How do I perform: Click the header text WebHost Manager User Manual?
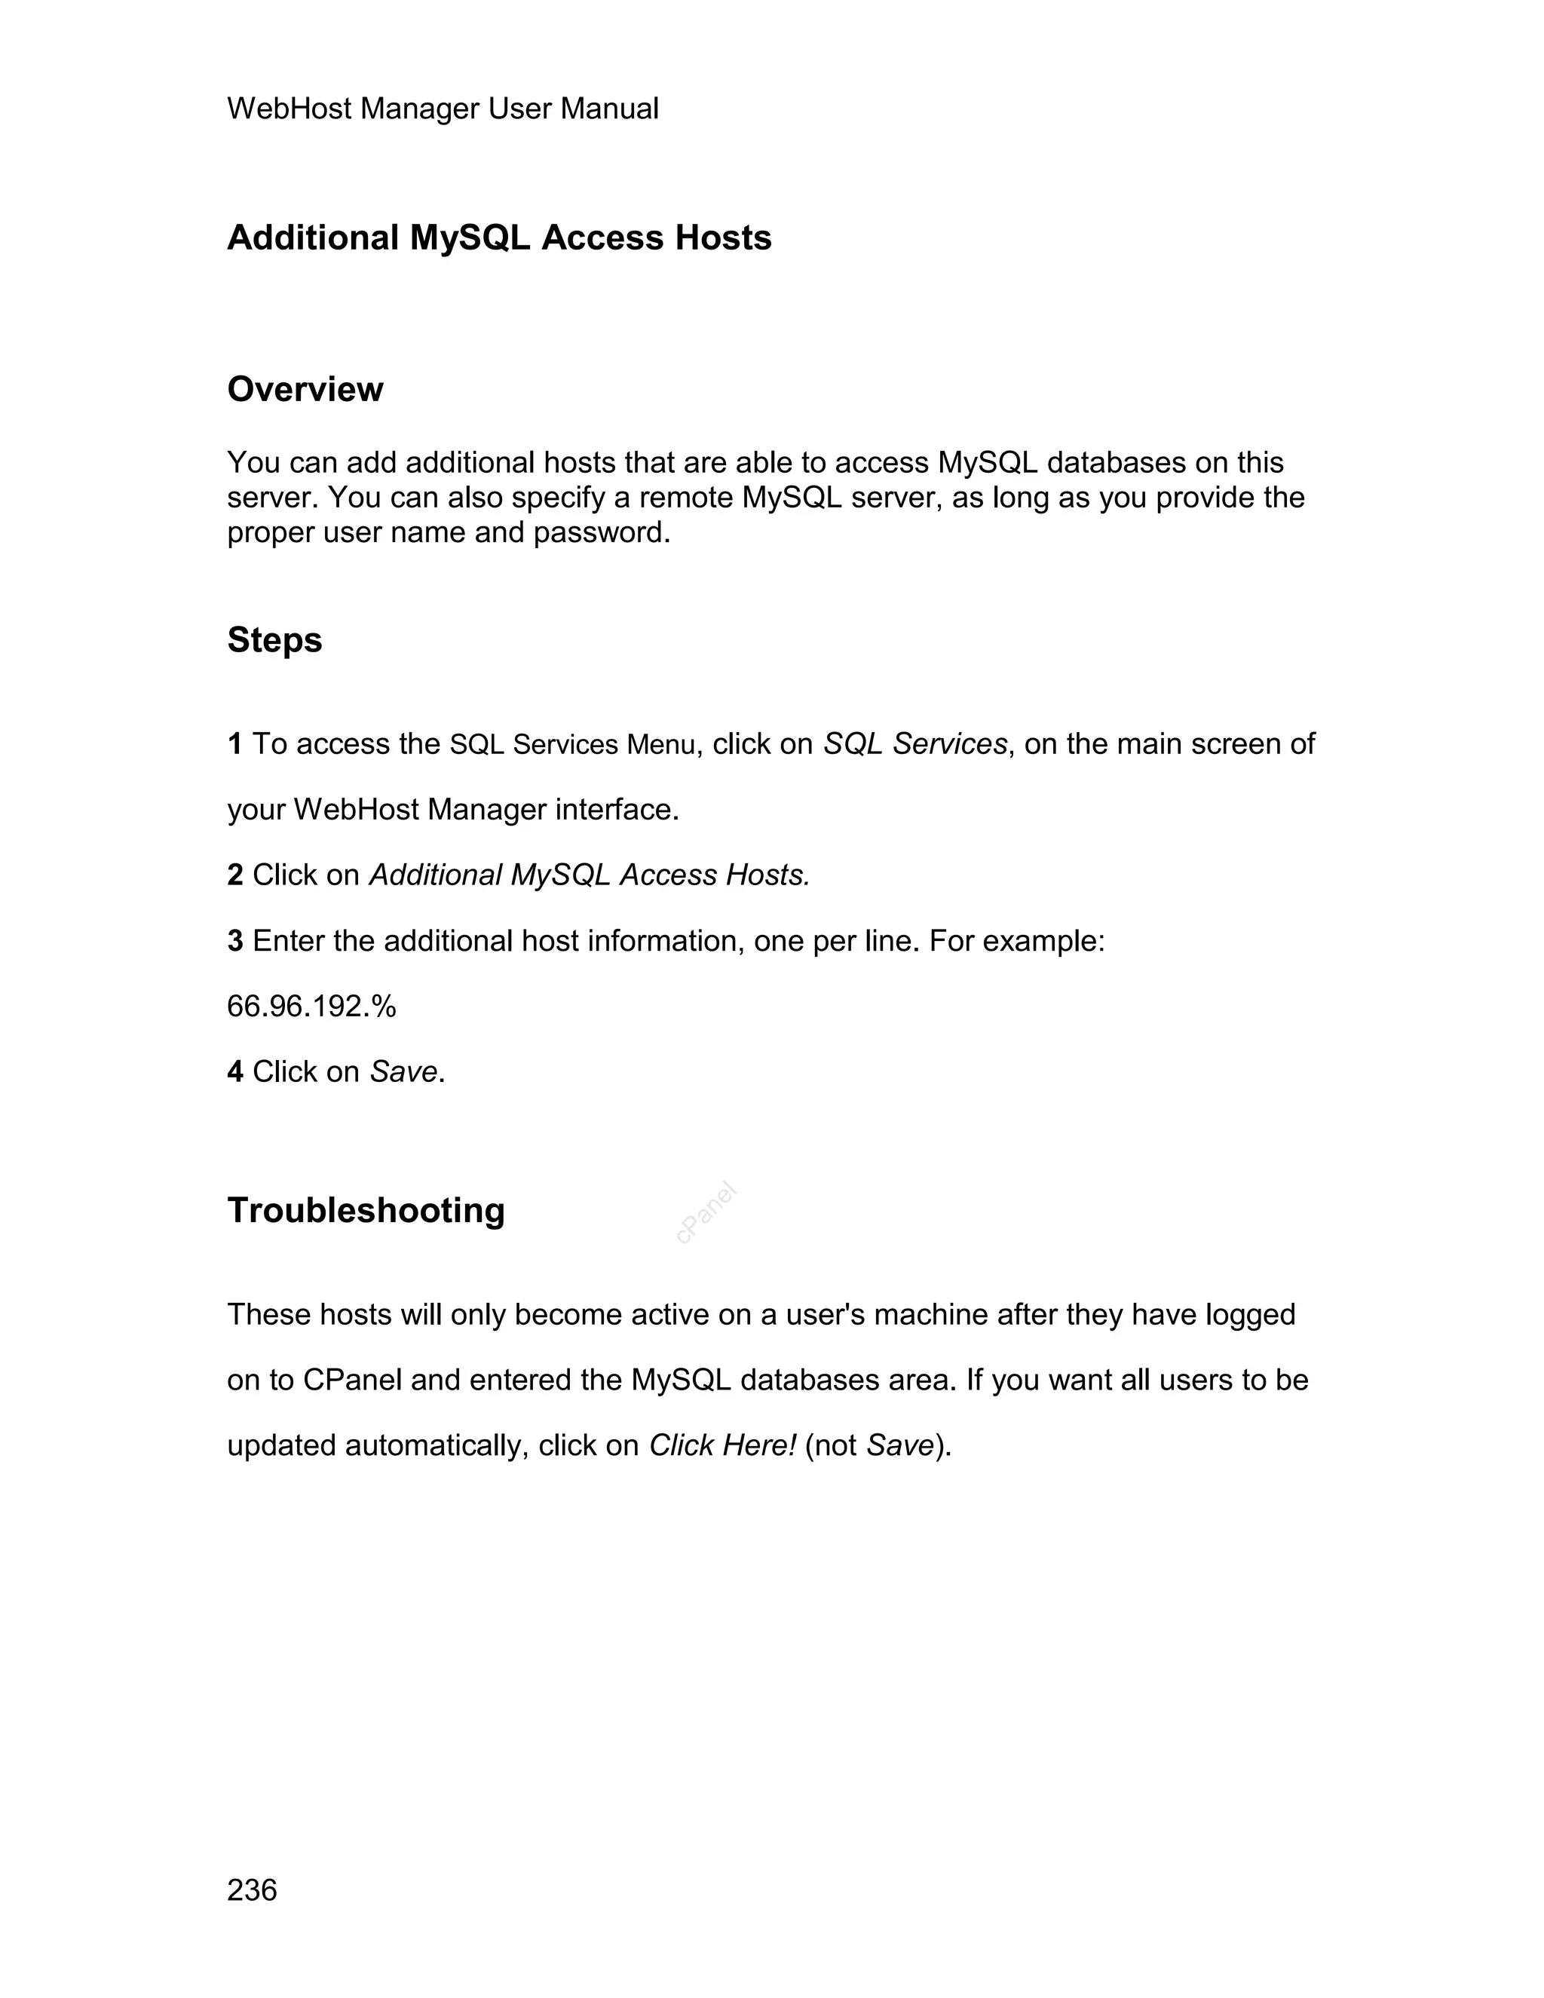pyautogui.click(x=442, y=109)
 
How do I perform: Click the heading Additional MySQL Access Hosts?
pyautogui.click(x=498, y=237)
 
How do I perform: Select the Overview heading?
pyautogui.click(x=305, y=390)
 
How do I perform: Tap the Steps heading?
pyautogui.click(x=274, y=640)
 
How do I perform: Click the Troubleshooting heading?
pyautogui.click(x=366, y=1210)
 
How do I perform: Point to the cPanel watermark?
pyautogui.click(x=706, y=1213)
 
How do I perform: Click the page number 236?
pyautogui.click(x=252, y=1890)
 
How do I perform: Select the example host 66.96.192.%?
pyautogui.click(x=311, y=1007)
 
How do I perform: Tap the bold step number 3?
pyautogui.click(x=235, y=942)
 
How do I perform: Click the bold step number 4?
pyautogui.click(x=235, y=1072)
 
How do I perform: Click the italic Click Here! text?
pyautogui.click(x=722, y=1445)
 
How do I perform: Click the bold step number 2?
pyautogui.click(x=235, y=875)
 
